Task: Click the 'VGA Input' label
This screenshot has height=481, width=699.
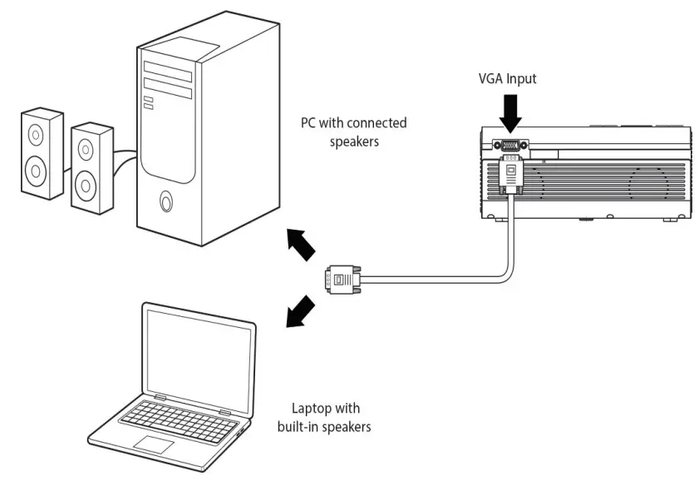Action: click(509, 80)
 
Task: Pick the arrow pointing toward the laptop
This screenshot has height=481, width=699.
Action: click(300, 312)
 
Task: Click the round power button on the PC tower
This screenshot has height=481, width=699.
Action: click(167, 201)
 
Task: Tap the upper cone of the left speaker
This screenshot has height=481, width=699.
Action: click(35, 134)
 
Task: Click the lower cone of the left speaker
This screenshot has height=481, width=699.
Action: click(35, 171)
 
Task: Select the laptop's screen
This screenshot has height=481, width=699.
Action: click(198, 349)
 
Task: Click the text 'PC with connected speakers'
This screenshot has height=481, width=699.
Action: click(353, 131)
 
